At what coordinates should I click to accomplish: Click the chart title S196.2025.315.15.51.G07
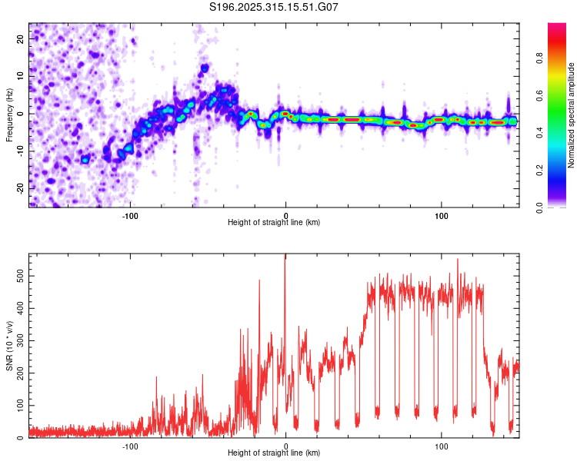click(274, 8)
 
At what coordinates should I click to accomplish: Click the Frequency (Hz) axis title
click(9, 114)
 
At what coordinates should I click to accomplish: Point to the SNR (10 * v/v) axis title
click(9, 346)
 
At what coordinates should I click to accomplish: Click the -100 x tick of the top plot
click(130, 214)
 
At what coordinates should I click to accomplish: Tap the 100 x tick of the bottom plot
click(442, 446)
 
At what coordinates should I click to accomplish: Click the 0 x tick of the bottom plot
click(286, 446)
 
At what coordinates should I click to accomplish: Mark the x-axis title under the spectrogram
click(274, 222)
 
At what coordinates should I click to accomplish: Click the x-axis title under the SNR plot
click(274, 453)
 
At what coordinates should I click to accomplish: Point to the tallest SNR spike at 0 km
click(285, 257)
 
